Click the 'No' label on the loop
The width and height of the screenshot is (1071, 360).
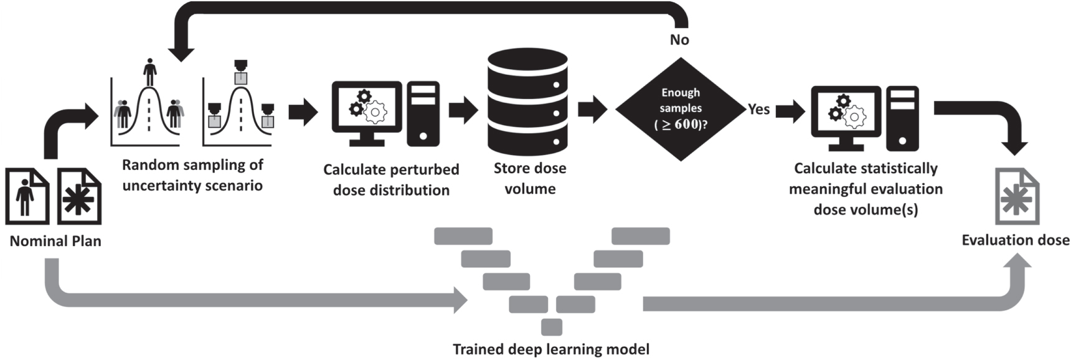tap(679, 40)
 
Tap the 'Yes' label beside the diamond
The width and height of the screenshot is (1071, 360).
tap(758, 109)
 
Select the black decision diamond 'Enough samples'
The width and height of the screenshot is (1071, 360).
tap(681, 109)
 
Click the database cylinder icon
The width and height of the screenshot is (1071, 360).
tap(527, 103)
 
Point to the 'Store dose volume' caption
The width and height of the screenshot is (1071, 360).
tap(530, 178)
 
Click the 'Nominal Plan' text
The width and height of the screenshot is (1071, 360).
tap(55, 241)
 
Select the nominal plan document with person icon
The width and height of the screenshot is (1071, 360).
tap(27, 196)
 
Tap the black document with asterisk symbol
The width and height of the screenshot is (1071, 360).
tap(79, 196)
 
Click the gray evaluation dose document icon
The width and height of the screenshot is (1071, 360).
tap(1017, 197)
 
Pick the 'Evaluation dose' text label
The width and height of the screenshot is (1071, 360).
tap(1015, 240)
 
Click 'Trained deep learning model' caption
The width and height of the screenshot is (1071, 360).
tap(550, 349)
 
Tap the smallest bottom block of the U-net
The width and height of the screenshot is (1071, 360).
tap(552, 327)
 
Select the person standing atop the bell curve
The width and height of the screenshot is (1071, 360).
tap(149, 72)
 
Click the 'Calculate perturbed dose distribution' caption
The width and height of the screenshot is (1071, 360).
tap(391, 179)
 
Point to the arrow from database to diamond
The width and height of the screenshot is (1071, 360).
tap(592, 110)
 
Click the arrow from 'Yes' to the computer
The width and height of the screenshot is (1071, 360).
tap(790, 112)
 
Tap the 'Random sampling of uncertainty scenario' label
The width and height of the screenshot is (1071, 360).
tap(192, 175)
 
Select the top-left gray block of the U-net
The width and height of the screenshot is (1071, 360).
tap(463, 236)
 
